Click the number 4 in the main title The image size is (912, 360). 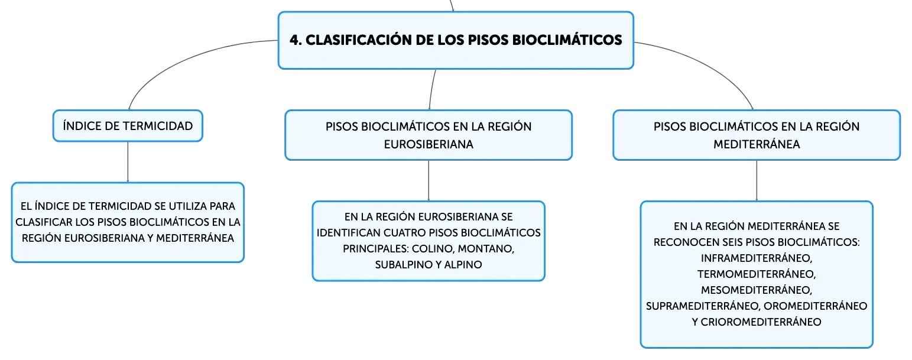click(295, 40)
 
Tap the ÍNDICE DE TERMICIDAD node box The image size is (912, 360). click(128, 126)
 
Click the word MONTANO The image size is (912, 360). click(486, 248)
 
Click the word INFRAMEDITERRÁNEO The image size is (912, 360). click(757, 258)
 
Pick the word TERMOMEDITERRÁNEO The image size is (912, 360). click(757, 274)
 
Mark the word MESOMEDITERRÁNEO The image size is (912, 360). click(757, 290)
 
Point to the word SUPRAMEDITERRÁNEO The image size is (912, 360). click(703, 306)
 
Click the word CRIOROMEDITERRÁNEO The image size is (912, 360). click(761, 322)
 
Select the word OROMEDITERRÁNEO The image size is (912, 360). click(816, 306)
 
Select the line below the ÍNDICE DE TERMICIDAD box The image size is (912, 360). click(128, 162)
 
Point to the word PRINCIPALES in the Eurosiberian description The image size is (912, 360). click(375, 248)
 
